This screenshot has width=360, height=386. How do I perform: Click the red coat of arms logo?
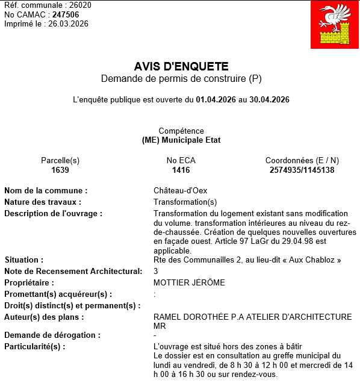334,25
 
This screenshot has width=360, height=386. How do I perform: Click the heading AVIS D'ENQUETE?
181,67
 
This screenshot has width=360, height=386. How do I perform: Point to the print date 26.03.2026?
69,24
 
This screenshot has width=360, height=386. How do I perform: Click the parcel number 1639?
60,170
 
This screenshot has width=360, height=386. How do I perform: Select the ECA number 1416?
181,170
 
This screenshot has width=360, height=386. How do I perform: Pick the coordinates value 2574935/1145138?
302,170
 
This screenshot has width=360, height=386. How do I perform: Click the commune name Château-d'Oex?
180,191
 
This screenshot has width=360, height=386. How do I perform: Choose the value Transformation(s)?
185,202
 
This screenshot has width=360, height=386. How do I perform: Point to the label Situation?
22,260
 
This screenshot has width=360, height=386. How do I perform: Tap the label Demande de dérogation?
52,335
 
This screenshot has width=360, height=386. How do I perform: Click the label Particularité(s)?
34,347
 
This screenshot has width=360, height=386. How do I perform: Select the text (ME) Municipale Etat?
181,140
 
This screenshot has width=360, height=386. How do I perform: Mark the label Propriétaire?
29,283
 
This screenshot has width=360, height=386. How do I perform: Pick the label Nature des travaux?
43,202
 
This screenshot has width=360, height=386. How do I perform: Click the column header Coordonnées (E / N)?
302,161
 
